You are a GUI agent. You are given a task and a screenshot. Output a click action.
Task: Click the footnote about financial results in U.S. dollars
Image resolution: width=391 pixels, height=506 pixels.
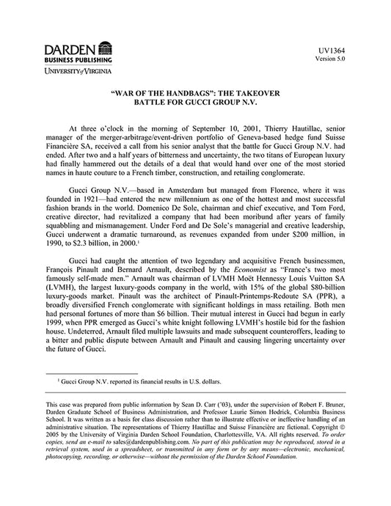tap(139, 382)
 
